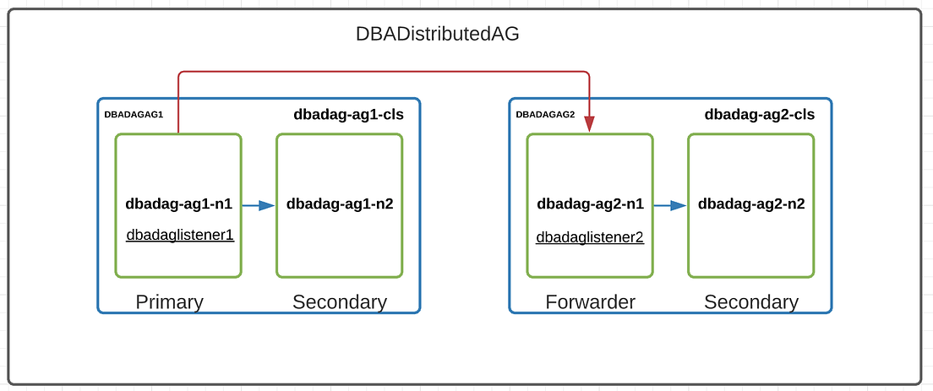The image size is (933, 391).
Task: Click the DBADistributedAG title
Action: [x=437, y=35]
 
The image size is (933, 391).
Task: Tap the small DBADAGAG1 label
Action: [x=134, y=115]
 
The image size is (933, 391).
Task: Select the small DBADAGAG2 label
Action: [x=545, y=115]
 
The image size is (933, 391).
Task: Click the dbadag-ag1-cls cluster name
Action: [x=348, y=115]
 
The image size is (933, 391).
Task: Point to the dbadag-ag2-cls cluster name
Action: [x=760, y=115]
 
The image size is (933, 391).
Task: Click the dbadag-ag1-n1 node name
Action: [x=178, y=204]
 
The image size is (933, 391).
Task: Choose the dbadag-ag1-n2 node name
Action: [x=340, y=204]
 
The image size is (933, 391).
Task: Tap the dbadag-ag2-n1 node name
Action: [x=590, y=204]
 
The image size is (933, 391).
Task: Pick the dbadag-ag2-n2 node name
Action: [x=751, y=204]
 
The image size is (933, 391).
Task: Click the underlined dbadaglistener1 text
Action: [x=179, y=236]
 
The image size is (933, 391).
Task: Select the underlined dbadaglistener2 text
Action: [x=590, y=238]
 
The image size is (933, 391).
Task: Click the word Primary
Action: [x=170, y=301]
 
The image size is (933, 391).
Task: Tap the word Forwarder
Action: [x=590, y=301]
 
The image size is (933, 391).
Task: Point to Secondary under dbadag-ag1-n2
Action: [x=340, y=301]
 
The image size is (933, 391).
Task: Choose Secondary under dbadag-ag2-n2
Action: [x=751, y=301]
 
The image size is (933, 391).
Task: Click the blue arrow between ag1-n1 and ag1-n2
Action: [x=259, y=205]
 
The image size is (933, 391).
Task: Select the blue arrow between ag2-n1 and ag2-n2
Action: [x=670, y=205]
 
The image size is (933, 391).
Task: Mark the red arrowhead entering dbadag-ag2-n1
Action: [x=589, y=125]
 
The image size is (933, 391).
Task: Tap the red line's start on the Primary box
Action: [x=178, y=131]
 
